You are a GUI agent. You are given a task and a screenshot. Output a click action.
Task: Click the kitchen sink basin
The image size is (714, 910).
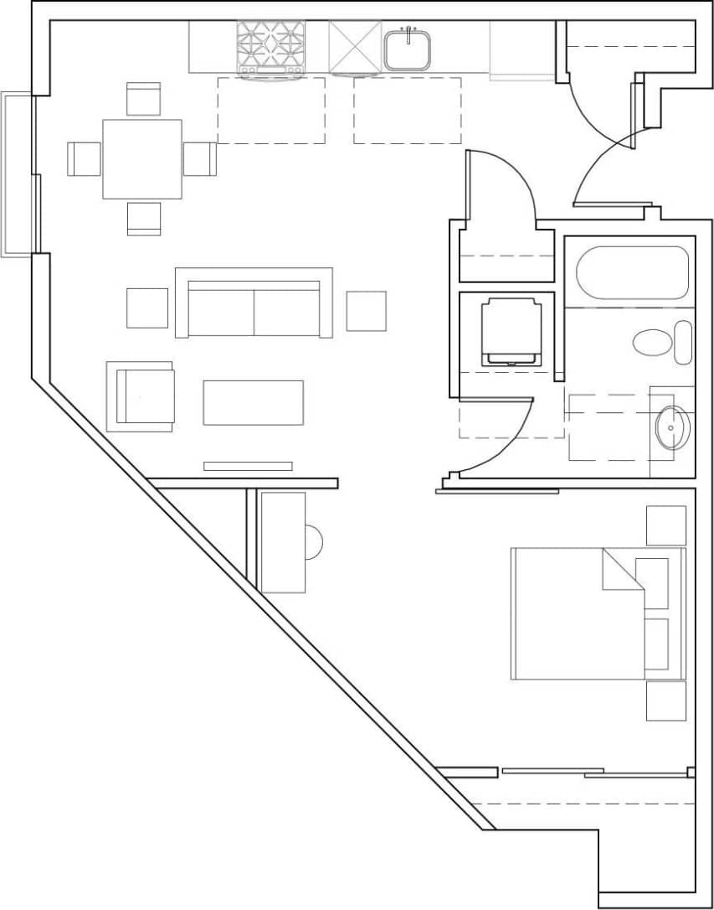click(408, 49)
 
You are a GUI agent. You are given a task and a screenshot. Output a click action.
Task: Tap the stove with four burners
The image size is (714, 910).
click(270, 49)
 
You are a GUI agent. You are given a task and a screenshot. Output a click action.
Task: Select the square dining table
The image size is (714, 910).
click(142, 159)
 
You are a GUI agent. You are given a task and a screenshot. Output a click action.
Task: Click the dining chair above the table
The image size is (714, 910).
click(143, 99)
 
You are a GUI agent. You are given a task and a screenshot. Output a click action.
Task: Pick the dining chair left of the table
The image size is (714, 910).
click(84, 159)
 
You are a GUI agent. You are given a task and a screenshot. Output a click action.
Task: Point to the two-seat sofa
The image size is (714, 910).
click(254, 303)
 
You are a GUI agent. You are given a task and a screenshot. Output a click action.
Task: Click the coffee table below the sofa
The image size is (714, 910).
click(253, 402)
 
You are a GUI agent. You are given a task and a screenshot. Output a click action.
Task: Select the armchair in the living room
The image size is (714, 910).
click(141, 396)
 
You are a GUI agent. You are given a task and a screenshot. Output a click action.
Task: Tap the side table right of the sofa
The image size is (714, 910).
click(366, 311)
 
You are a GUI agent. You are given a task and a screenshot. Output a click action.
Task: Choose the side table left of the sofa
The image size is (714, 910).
click(147, 308)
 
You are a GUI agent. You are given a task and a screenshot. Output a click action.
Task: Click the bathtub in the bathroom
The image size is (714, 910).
click(633, 272)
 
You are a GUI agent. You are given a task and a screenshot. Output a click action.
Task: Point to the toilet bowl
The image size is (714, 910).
click(653, 342)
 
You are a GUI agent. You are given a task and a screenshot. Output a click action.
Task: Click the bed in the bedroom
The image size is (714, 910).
click(578, 613)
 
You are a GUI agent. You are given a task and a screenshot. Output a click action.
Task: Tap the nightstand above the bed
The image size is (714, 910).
click(665, 525)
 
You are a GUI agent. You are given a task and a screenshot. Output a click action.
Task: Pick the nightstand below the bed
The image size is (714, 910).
click(665, 701)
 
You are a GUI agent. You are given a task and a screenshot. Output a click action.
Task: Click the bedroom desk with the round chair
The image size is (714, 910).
click(283, 542)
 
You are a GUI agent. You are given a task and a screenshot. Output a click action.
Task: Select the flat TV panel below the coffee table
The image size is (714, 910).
click(248, 466)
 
